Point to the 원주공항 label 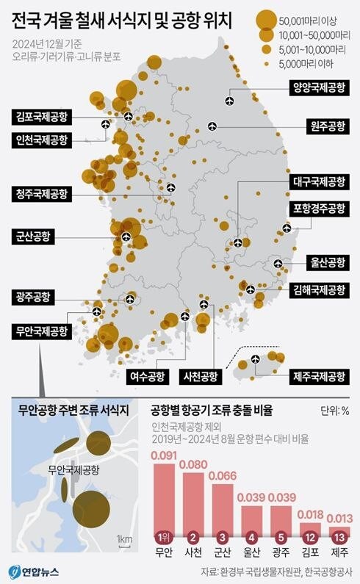pyautogui.click(x=324, y=126)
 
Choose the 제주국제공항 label pyautogui.click(x=316, y=377)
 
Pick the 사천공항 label pyautogui.click(x=199, y=377)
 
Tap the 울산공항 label pyautogui.click(x=324, y=262)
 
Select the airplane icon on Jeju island pyautogui.click(x=255, y=359)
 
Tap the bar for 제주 pyautogui.click(x=339, y=532)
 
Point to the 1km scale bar pyautogui.click(x=123, y=544)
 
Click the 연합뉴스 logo pyautogui.click(x=34, y=571)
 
